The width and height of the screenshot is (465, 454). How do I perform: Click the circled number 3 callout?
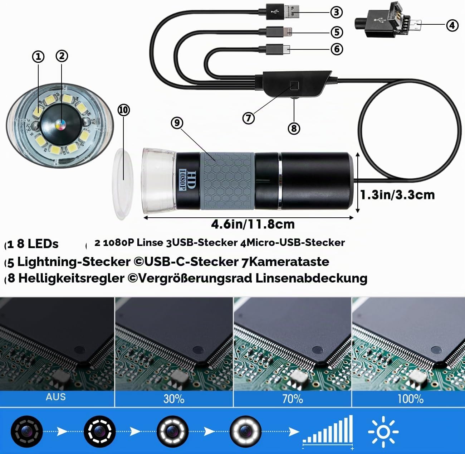tap(337, 12)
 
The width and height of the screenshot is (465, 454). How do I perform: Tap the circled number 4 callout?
tap(452, 25)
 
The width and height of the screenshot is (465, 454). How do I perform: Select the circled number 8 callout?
tap(294, 129)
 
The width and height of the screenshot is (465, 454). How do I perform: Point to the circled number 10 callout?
tap(123, 110)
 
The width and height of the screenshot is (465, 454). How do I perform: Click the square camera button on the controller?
tap(294, 86)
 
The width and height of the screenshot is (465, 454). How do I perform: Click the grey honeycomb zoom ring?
tap(227, 181)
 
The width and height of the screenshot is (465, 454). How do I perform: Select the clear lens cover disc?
tap(122, 184)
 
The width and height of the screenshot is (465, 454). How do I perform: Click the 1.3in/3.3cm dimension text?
tap(397, 195)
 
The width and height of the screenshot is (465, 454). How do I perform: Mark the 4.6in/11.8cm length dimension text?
tap(253, 224)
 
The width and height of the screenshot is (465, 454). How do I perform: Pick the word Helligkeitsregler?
tap(71, 278)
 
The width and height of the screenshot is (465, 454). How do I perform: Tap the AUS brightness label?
tap(56, 397)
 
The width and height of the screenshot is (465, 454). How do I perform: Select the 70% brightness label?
tap(293, 399)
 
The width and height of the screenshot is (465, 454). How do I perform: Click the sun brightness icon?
tap(383, 431)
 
